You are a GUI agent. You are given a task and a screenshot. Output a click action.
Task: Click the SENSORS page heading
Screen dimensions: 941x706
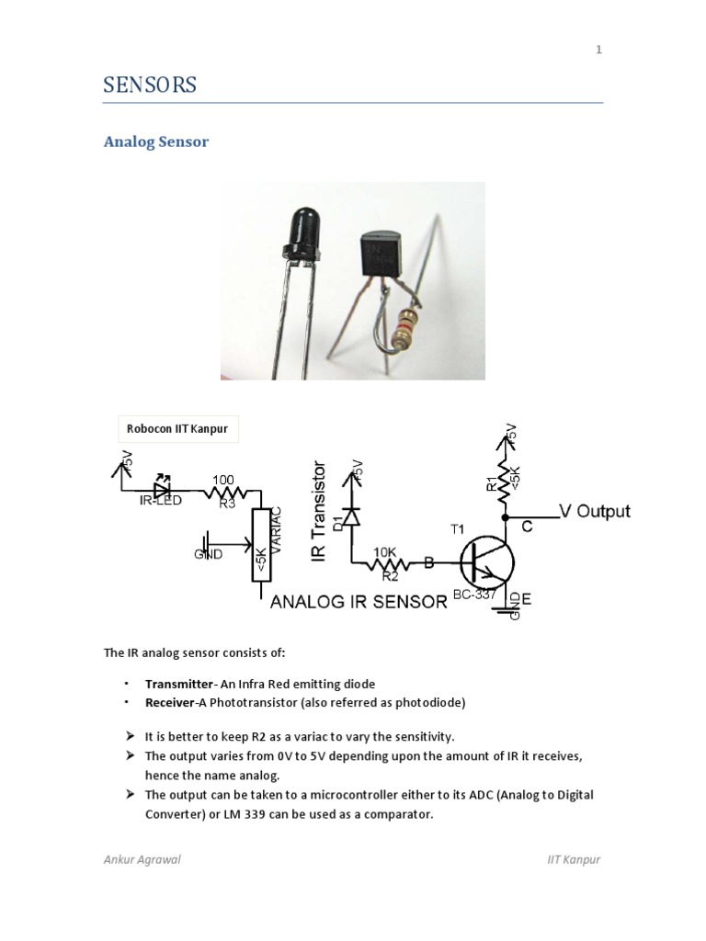[149, 85]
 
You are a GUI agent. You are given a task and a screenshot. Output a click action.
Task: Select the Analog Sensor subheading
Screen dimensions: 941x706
[155, 142]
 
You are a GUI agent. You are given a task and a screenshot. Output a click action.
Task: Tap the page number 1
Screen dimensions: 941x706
[598, 50]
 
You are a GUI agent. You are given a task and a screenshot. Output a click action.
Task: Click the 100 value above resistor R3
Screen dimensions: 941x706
[224, 481]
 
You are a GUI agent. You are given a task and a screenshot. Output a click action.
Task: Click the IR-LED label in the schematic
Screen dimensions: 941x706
[162, 502]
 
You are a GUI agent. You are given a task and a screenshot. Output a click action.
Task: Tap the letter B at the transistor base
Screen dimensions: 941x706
[429, 563]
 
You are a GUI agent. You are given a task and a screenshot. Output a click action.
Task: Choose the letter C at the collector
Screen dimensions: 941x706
[528, 527]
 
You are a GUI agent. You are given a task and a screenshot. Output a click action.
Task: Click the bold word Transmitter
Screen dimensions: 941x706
[180, 684]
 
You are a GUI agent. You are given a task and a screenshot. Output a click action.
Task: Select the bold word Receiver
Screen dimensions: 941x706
[172, 703]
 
